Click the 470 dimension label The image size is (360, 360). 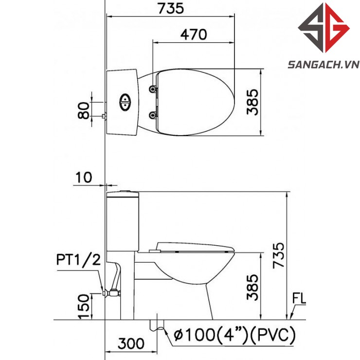tap(194, 35)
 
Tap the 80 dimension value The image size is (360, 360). tap(84, 110)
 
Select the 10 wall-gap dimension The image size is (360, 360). tap(84, 177)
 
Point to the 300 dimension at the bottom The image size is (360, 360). tap(131, 343)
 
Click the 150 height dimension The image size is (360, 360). tap(84, 306)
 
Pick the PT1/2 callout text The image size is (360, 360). tap(78, 260)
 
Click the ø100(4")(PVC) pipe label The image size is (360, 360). tap(234, 335)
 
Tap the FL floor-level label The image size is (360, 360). tap(299, 299)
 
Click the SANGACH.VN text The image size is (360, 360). tap(324, 65)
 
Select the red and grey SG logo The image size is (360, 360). tap(324, 28)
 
